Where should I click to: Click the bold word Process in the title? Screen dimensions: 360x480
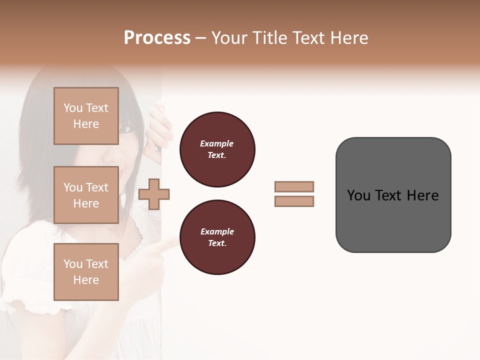point(157,38)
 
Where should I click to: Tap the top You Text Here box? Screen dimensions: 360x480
point(86,116)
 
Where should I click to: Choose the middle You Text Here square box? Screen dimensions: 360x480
point(86,195)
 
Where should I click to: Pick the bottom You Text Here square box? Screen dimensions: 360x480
point(86,271)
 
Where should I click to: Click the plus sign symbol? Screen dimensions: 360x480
point(154,194)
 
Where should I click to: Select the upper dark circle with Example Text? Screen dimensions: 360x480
point(217,149)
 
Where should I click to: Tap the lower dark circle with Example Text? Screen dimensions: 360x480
point(217,237)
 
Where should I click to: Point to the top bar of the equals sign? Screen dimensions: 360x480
point(294,186)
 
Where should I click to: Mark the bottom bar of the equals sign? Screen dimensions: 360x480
point(294,201)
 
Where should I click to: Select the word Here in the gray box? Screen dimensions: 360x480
point(422,195)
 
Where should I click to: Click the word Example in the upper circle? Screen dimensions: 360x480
point(217,143)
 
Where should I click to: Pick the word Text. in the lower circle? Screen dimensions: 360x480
point(217,243)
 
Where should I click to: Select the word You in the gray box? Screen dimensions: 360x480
point(358,195)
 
